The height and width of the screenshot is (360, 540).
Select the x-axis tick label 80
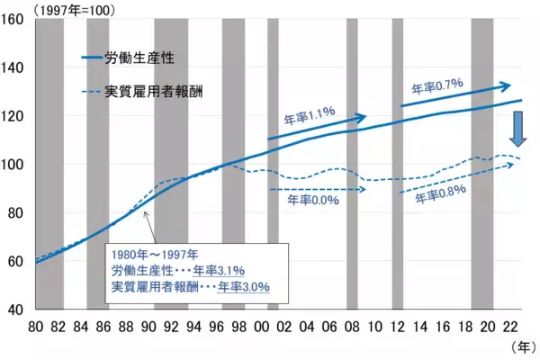pos(36,326)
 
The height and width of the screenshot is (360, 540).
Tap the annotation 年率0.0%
pos(312,200)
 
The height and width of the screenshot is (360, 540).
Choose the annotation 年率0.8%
pos(441,197)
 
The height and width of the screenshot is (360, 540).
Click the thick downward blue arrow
pos(518,134)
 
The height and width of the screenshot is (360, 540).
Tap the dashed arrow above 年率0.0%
pos(318,190)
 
